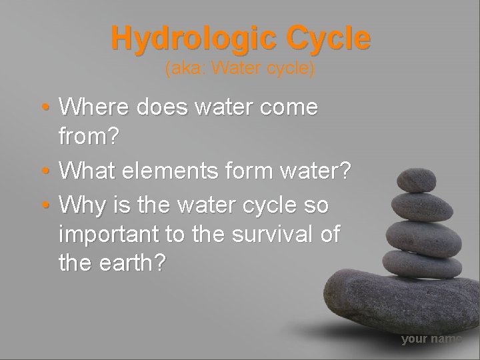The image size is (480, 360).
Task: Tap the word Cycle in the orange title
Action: (x=326, y=39)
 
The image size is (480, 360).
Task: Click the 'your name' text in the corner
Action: (x=431, y=339)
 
